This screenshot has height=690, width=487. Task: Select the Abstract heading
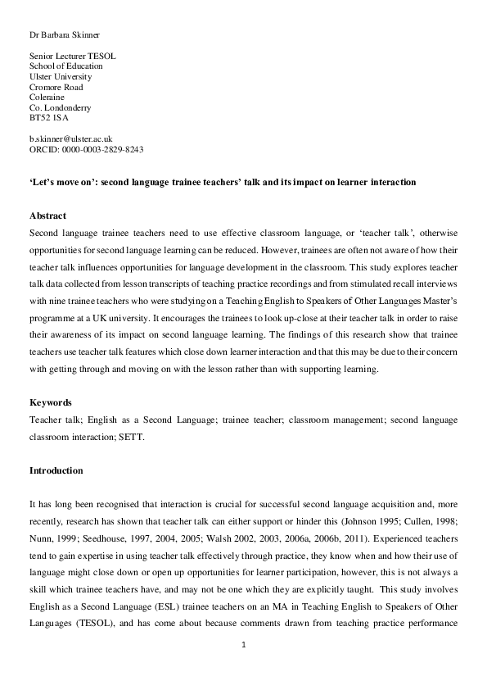tap(47, 216)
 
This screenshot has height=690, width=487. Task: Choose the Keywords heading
tap(50, 403)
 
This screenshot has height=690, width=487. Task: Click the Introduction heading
tap(56, 471)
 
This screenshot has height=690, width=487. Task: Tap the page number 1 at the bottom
tap(244, 646)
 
